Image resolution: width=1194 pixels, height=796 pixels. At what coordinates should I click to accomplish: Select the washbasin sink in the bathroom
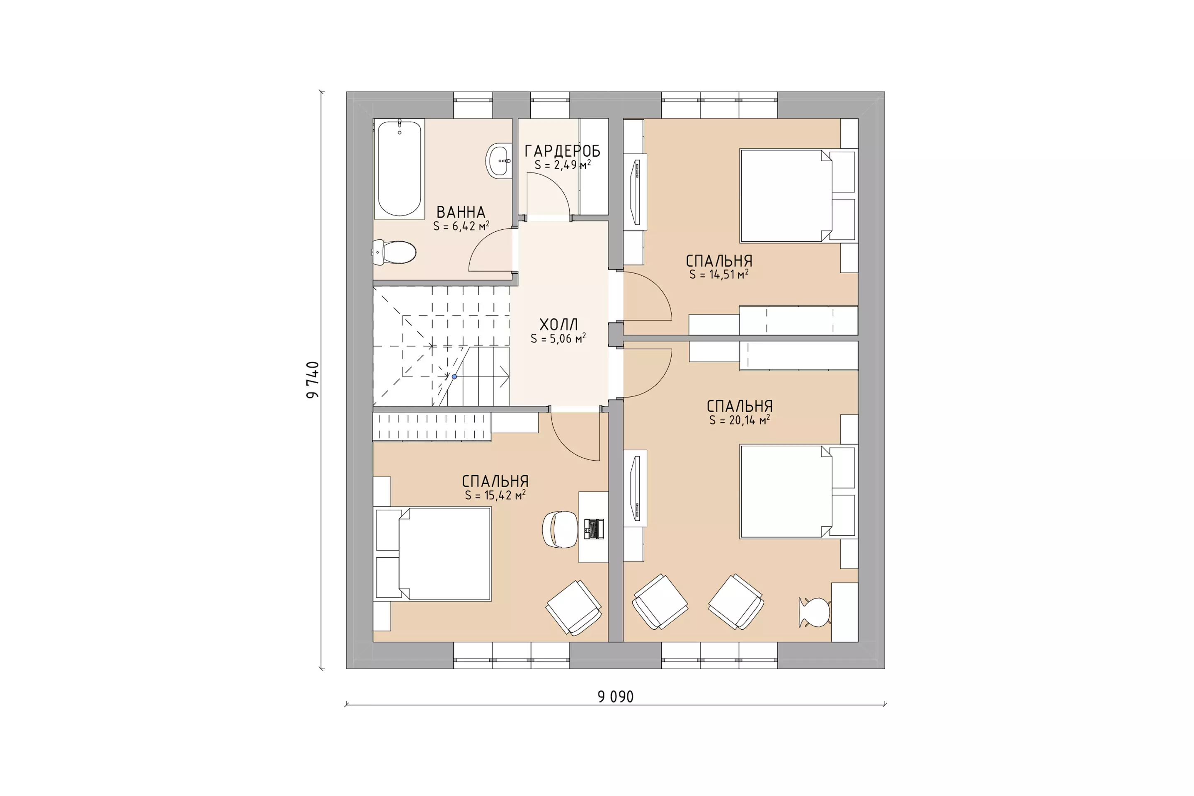point(498,160)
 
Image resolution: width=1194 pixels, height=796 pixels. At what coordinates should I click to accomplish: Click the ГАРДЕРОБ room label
point(563,151)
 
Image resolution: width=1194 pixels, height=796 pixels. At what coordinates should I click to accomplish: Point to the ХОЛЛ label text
point(558,324)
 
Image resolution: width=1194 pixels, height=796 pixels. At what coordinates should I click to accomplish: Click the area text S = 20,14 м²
point(740,420)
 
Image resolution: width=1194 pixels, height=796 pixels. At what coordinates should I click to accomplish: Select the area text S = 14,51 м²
point(719,274)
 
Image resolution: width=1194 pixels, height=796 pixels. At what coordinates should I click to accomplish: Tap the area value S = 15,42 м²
point(495,495)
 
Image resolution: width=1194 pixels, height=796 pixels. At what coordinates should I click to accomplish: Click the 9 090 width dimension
point(616,696)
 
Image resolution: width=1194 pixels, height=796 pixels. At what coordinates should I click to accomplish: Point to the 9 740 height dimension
point(313,380)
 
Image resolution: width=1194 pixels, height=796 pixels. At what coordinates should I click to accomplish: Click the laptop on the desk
point(594,529)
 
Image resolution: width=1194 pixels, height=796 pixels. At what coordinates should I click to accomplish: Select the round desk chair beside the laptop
point(560,529)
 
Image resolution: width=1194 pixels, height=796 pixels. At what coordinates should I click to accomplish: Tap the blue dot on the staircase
point(454,377)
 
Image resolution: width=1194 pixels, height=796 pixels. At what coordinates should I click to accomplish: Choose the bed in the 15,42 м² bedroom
point(432,554)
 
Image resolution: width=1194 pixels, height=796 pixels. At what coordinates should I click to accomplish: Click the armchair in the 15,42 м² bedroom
point(574,608)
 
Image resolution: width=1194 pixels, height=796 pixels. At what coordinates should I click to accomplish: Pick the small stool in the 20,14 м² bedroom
point(814,612)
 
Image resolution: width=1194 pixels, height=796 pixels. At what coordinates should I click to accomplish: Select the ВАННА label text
point(461,212)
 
